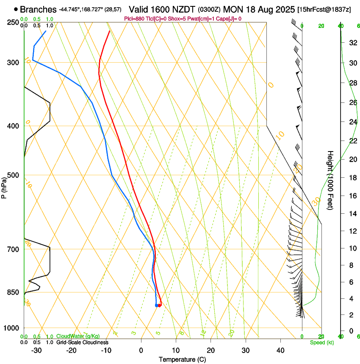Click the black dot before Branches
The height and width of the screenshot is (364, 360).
click(x=16, y=9)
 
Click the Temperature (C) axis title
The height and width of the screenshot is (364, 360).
click(x=182, y=359)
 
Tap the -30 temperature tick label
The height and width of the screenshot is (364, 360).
click(x=37, y=350)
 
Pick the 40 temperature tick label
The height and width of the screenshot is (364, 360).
click(x=280, y=350)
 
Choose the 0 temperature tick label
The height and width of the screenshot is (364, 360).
click(x=141, y=350)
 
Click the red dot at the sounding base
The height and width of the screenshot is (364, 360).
click(x=160, y=305)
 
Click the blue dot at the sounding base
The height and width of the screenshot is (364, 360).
click(x=156, y=305)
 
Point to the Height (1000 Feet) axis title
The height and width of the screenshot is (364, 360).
click(x=330, y=180)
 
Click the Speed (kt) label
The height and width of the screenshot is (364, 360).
click(x=321, y=342)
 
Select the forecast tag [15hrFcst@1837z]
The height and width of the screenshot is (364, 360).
click(x=324, y=9)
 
